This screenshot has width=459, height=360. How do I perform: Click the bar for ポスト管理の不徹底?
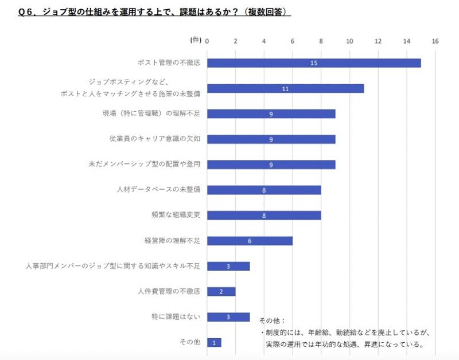[x=314, y=62]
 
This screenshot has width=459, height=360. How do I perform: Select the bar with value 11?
[x=285, y=88]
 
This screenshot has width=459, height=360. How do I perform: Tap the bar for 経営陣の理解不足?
[x=250, y=241]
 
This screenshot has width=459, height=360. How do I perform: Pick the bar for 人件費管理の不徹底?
[x=221, y=292]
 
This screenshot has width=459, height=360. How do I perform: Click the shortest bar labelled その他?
[x=214, y=342]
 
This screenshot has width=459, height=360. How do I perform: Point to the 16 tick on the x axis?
[x=435, y=41]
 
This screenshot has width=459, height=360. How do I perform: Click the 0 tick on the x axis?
[x=207, y=41]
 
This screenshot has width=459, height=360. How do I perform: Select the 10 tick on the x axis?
[x=350, y=41]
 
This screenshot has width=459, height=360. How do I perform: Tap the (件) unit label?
[x=196, y=40]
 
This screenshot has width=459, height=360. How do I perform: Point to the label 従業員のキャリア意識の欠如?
[x=155, y=139]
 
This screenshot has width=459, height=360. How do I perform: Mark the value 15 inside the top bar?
[x=314, y=62]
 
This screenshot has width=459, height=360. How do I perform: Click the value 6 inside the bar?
[x=250, y=241]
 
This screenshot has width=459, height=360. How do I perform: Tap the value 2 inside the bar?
[x=221, y=292]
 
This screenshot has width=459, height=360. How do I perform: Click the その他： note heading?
[x=272, y=320]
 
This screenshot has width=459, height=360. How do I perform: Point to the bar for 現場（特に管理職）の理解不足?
[x=271, y=114]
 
